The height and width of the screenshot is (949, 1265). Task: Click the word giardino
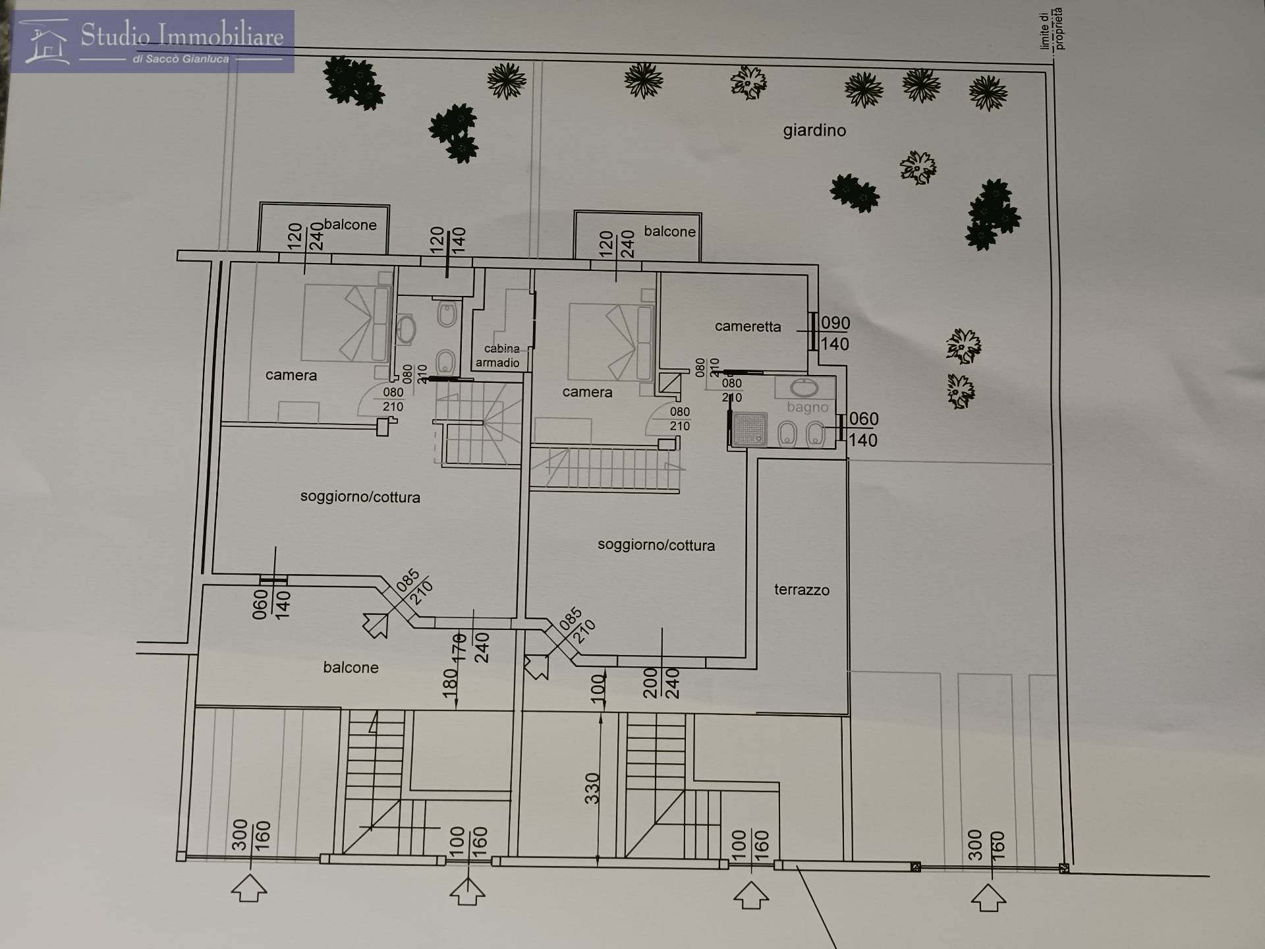[x=814, y=130]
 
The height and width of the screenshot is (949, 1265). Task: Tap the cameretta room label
[x=748, y=326]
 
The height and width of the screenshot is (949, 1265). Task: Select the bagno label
[x=807, y=407]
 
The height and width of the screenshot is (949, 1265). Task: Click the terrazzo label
[x=801, y=590]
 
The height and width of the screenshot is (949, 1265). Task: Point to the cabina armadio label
[x=498, y=356]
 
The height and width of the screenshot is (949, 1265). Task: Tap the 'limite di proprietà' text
[x=1052, y=29]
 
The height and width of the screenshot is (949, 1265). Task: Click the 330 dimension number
[x=592, y=788]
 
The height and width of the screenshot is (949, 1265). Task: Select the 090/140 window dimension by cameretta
[x=835, y=333]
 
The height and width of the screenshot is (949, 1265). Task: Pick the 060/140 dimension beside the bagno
[x=863, y=429]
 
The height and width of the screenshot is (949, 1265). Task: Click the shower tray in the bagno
[x=748, y=429]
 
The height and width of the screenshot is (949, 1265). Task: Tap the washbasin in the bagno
[x=803, y=387]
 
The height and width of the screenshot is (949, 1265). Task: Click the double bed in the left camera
[x=347, y=323]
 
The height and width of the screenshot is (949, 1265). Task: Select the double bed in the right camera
[x=611, y=342]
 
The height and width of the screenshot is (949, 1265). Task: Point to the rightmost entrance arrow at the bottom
[x=988, y=898]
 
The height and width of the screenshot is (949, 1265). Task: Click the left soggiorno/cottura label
[x=360, y=497]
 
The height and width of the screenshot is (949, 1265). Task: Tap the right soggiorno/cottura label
[x=656, y=545]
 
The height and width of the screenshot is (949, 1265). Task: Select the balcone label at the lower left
[x=351, y=668]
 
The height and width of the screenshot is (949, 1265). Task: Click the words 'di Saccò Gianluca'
[x=181, y=59]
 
